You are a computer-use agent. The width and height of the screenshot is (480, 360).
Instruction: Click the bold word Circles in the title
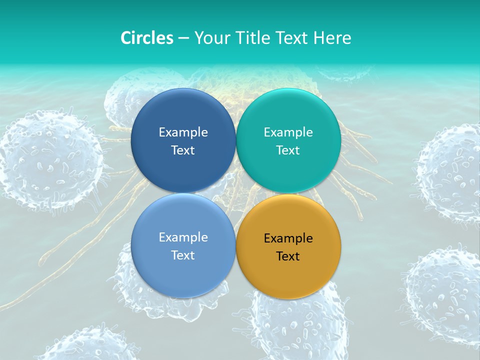[147, 38]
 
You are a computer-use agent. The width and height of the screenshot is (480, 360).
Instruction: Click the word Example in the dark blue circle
[183, 132]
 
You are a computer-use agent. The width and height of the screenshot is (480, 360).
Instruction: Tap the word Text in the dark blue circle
[183, 150]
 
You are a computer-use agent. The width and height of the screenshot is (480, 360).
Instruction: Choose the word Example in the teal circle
[288, 132]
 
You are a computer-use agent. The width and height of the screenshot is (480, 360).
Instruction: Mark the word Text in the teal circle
[288, 150]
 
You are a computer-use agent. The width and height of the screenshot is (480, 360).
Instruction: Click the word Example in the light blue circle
[183, 237]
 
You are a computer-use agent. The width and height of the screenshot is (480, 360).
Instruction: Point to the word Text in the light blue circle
[183, 255]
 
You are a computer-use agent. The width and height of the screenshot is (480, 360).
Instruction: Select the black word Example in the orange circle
[288, 238]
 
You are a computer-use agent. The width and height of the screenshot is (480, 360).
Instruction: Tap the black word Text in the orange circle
[288, 256]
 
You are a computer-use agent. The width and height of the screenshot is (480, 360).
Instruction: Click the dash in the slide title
[183, 38]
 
